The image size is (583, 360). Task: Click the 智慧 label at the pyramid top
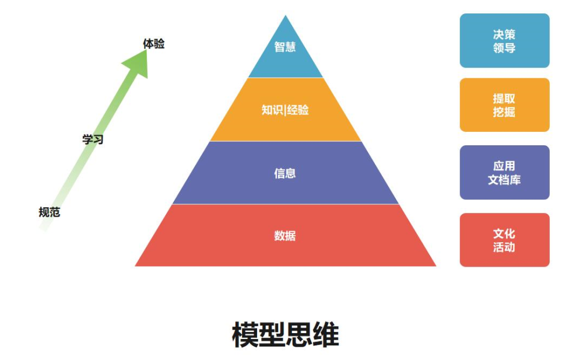tap(285, 47)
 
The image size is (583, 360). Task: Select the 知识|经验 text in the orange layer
tap(285, 110)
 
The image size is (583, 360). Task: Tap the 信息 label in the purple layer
tap(285, 173)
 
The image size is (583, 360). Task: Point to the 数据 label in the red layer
tap(285, 236)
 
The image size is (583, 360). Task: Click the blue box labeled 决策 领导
tap(504, 41)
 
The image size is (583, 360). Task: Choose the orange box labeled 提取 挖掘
tap(504, 105)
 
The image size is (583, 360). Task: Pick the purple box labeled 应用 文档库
tap(504, 172)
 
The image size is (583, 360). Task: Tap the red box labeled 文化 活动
tap(504, 240)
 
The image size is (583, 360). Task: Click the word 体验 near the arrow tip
tap(153, 44)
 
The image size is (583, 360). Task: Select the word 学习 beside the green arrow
tap(93, 139)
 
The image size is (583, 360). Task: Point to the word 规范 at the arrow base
tap(50, 212)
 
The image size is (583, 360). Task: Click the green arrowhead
tap(137, 63)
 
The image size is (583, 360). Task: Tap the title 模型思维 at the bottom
tap(285, 335)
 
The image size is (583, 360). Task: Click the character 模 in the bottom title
tap(245, 335)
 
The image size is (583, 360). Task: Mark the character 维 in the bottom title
tap(326, 335)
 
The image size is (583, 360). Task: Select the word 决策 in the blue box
tap(504, 34)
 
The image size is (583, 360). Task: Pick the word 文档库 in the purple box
tap(504, 180)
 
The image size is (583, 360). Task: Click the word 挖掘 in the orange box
tap(504, 111)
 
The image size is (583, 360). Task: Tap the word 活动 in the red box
tap(504, 247)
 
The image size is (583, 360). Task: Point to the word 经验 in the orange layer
tap(298, 110)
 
